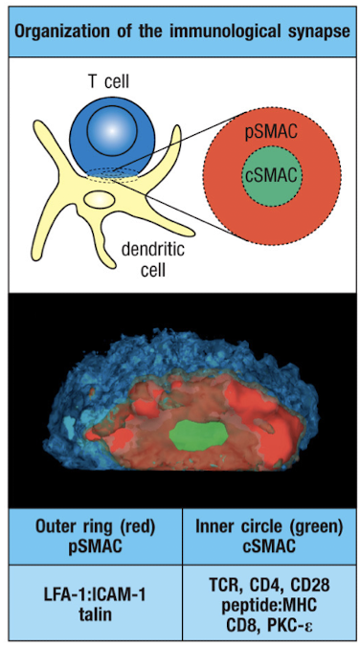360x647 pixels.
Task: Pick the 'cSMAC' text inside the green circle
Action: click(x=268, y=177)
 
